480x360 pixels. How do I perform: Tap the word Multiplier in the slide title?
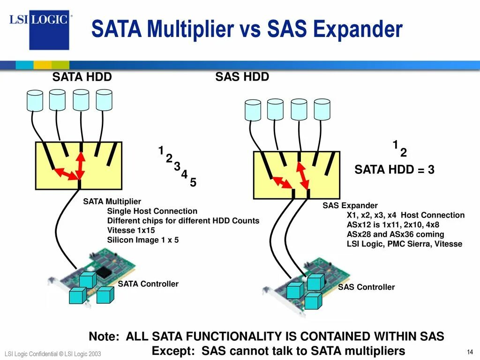(x=190, y=30)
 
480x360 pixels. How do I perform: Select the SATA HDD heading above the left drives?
(x=82, y=77)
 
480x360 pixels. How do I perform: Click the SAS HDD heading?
(x=242, y=77)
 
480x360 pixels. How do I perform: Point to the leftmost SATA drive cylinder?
(x=35, y=100)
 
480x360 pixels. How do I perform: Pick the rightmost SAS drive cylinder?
(x=322, y=109)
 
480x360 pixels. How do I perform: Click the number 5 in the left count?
(x=193, y=183)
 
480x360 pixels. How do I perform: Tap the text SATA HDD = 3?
(x=394, y=170)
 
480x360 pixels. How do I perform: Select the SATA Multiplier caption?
(x=112, y=202)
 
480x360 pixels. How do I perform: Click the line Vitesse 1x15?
(x=131, y=231)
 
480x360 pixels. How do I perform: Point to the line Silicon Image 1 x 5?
(x=143, y=240)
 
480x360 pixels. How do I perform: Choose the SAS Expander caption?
(x=350, y=206)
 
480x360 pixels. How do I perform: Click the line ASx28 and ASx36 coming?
(x=395, y=234)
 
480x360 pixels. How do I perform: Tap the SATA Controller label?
(x=148, y=284)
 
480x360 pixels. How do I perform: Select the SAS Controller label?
(x=367, y=287)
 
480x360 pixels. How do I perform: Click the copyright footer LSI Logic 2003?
(x=52, y=353)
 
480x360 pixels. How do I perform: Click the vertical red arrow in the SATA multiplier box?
(x=80, y=163)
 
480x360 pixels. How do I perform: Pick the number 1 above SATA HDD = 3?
(x=395, y=144)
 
